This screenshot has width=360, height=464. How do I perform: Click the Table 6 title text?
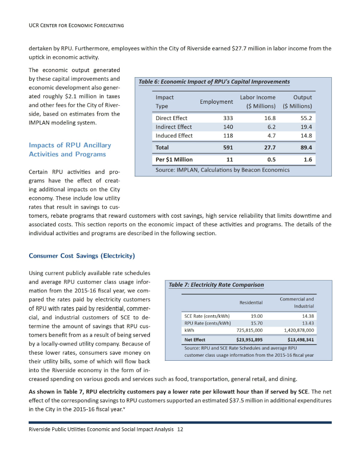[x=214, y=82]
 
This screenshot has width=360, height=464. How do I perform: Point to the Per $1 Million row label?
[x=174, y=159]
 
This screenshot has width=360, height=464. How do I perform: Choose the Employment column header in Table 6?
[x=216, y=102]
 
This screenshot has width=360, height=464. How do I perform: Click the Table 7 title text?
[x=216, y=285]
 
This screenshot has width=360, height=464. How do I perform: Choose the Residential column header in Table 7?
[x=251, y=303]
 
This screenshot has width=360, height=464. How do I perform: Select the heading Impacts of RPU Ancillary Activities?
[x=70, y=150]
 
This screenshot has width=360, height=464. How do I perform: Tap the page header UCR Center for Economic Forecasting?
[x=77, y=25]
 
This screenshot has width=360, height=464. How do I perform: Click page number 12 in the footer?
[x=179, y=429]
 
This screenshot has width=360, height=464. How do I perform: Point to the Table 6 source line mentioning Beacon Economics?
[x=222, y=170]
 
